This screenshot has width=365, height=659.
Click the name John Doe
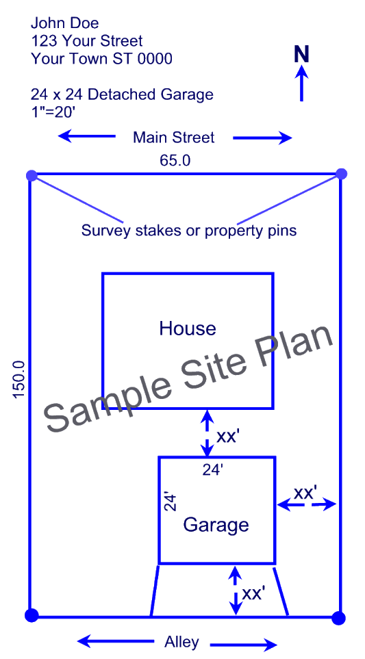65,23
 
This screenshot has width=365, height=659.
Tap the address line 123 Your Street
86,41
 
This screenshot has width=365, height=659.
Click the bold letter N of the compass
301,55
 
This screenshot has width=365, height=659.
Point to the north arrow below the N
301,85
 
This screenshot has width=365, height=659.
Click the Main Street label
174,138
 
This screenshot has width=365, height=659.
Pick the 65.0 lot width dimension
175,160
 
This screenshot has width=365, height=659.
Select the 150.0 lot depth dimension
19,380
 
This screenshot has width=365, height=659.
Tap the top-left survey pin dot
32,175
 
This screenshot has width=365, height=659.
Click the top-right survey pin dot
342,174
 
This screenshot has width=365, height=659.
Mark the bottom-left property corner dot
32,615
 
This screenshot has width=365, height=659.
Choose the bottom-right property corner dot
338,618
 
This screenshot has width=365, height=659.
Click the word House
188,328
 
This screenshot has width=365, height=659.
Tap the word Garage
216,525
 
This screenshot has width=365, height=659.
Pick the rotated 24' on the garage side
169,502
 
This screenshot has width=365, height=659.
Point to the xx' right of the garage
305,493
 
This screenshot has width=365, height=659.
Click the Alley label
181,642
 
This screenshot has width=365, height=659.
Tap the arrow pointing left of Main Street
86,135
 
